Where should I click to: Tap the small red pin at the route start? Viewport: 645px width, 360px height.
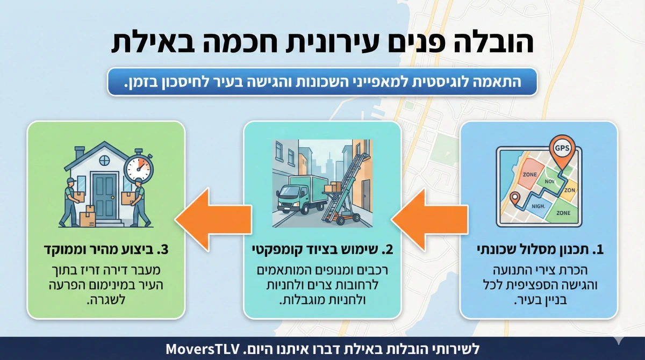(514, 198)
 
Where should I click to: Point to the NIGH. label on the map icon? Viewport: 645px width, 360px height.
(537, 205)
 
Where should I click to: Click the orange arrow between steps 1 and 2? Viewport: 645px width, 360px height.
(425, 220)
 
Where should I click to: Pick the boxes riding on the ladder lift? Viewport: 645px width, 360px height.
(333, 187)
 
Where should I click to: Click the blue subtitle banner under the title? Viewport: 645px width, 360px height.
(322, 82)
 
